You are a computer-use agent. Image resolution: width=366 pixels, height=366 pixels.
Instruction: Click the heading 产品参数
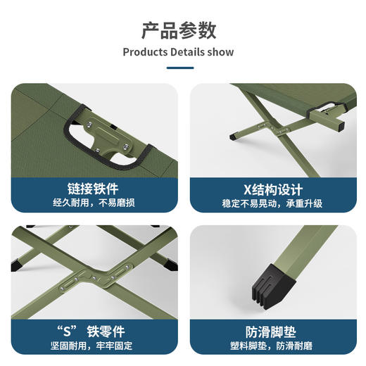tap(178, 31)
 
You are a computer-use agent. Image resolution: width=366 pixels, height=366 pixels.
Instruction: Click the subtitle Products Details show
tap(178, 52)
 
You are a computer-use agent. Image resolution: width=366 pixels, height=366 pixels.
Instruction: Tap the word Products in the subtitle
tap(146, 52)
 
